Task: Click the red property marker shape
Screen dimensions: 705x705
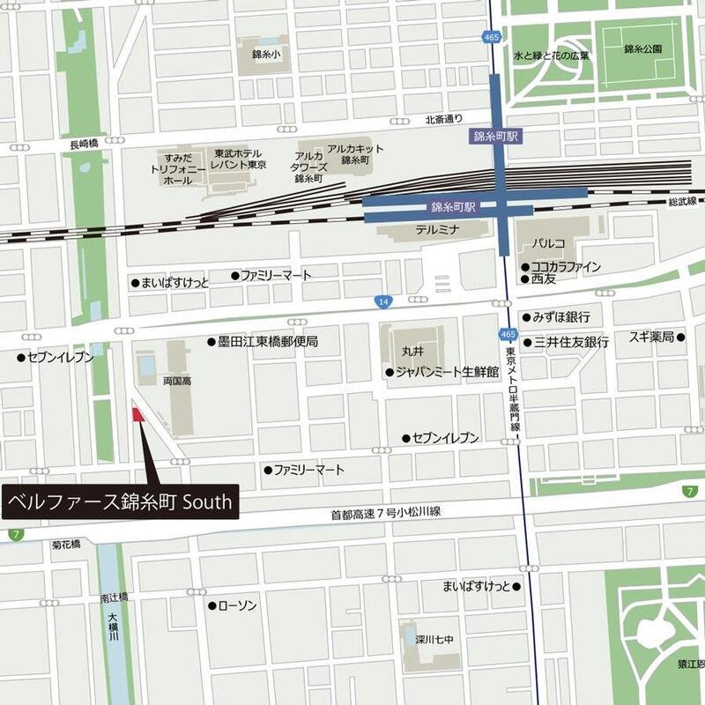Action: point(137,415)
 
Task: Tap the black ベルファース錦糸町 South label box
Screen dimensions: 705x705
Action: point(120,502)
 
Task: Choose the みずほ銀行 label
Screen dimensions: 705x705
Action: point(560,317)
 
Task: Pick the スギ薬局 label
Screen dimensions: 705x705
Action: point(651,337)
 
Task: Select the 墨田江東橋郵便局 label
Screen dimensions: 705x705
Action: point(268,341)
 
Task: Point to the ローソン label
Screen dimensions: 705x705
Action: point(237,605)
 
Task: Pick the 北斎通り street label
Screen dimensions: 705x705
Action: point(443,119)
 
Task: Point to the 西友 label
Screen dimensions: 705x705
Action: point(544,278)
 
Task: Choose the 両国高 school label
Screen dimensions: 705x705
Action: point(152,381)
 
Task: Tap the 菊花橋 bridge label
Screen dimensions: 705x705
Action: point(65,543)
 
